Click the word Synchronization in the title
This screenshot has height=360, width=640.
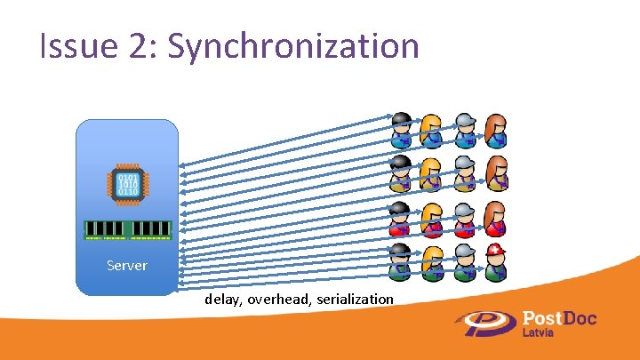[x=293, y=46]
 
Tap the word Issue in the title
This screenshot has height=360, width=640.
[x=71, y=46]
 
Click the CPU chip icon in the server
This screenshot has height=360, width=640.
[x=127, y=184]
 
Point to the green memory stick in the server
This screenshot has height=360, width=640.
[x=127, y=230]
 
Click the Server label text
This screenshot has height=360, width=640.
[x=127, y=265]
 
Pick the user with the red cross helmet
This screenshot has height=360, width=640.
[x=496, y=260]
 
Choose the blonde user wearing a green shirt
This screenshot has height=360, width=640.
[x=433, y=260]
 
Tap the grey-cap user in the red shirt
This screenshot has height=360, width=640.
[x=464, y=217]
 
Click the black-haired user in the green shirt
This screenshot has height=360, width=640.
[x=401, y=260]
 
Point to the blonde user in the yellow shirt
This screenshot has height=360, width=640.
[x=433, y=173]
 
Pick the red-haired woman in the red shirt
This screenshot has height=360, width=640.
[x=496, y=217]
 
